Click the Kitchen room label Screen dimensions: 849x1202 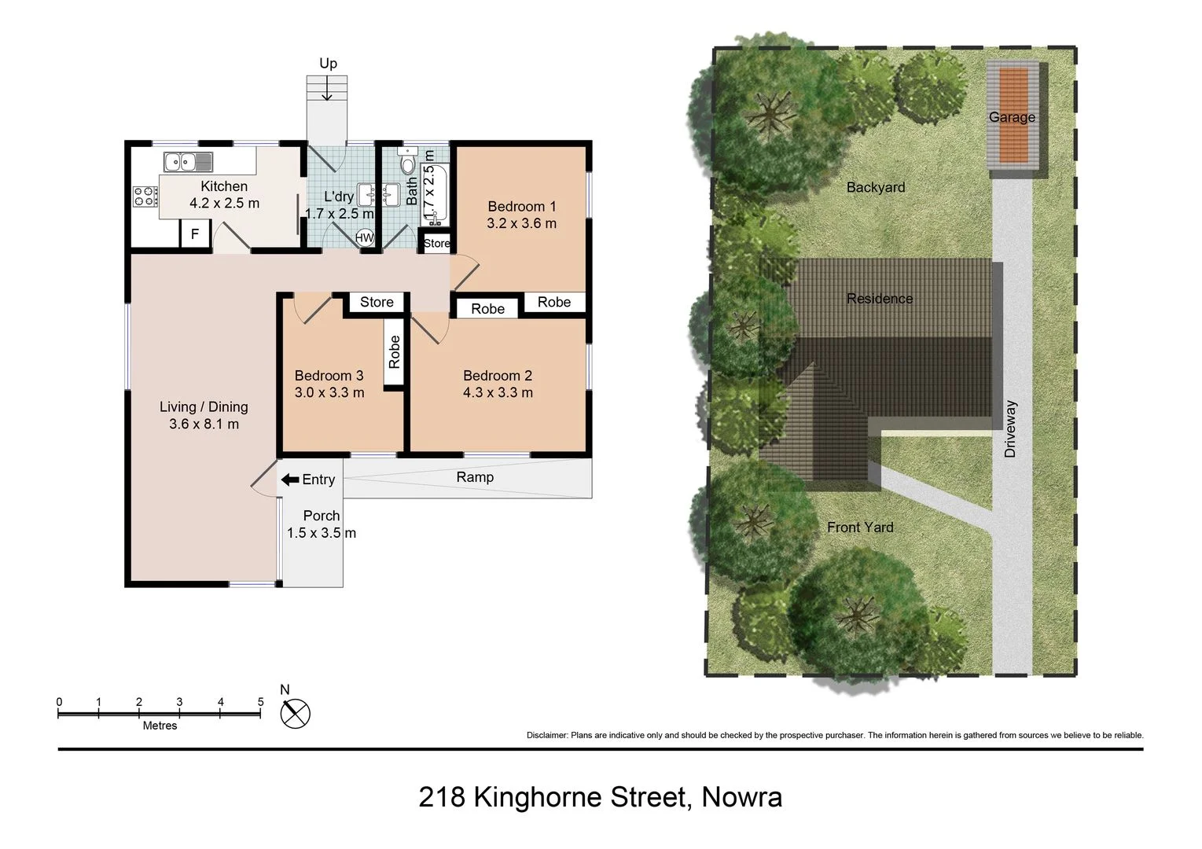(x=224, y=186)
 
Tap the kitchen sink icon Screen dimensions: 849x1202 (x=188, y=162)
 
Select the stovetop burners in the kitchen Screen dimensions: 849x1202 (x=144, y=196)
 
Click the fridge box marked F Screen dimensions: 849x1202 (x=196, y=233)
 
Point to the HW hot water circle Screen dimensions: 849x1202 (x=365, y=237)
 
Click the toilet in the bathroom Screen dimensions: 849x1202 (x=407, y=164)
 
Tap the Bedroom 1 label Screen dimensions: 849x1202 (x=521, y=207)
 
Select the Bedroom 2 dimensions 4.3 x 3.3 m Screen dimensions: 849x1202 (x=498, y=392)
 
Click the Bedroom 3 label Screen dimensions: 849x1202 (x=329, y=376)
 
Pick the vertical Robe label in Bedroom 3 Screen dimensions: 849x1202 (x=395, y=352)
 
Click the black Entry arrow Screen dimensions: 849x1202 (x=289, y=480)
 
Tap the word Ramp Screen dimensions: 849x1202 (x=475, y=477)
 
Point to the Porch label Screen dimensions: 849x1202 (x=322, y=516)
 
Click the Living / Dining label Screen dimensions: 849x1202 (x=204, y=406)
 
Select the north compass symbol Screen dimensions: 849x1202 (x=296, y=714)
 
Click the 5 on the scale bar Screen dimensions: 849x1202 (x=260, y=702)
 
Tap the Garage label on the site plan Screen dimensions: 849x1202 (x=1011, y=117)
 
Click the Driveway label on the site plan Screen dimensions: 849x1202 (x=1010, y=429)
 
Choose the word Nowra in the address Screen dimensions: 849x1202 (x=741, y=797)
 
